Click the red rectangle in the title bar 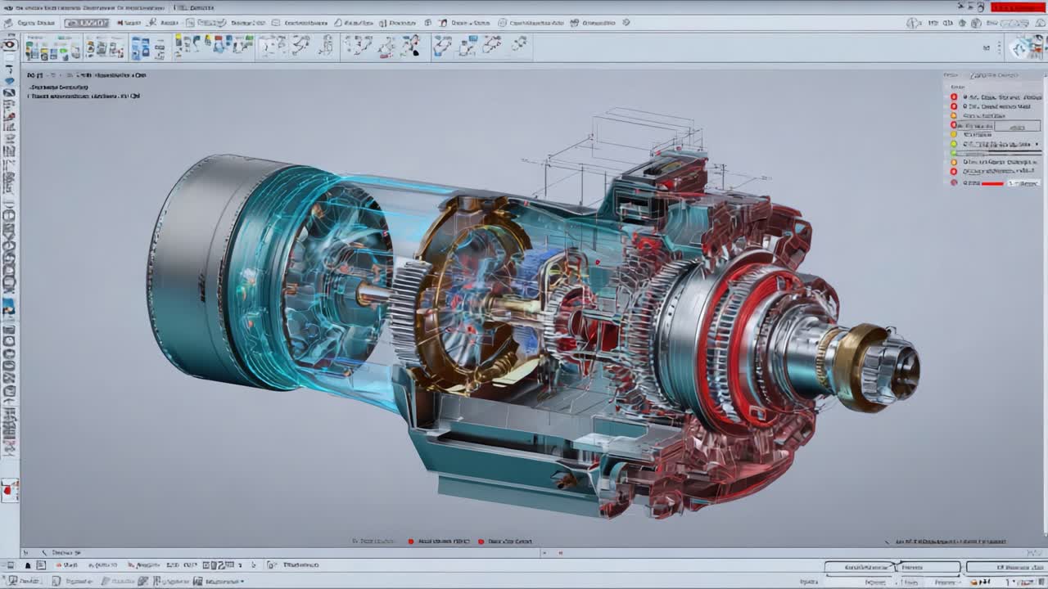[x=1017, y=7]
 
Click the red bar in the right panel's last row [x=992, y=183]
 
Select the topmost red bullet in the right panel [x=954, y=97]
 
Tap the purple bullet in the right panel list [x=954, y=182]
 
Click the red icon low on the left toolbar [x=10, y=491]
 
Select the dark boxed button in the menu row [x=86, y=23]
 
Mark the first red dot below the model [x=411, y=542]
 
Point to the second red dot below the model [x=481, y=542]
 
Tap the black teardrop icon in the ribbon [x=415, y=51]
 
